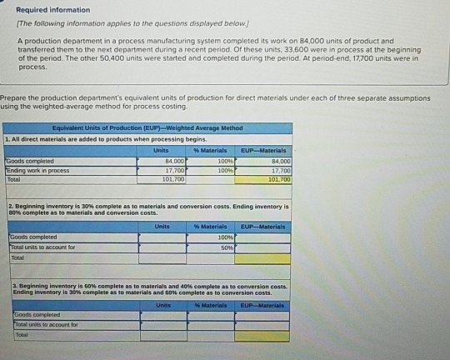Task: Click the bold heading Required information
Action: (53, 10)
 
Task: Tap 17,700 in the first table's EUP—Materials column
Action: (278, 169)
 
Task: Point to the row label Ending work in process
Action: (37, 170)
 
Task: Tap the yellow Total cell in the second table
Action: (262, 258)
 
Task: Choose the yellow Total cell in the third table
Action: (262, 336)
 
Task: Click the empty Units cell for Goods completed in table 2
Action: (162, 237)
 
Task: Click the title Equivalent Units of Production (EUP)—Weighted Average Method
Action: (147, 128)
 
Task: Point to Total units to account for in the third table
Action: (46, 325)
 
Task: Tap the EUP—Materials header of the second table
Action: (262, 227)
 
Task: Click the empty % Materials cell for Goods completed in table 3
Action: (210, 315)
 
